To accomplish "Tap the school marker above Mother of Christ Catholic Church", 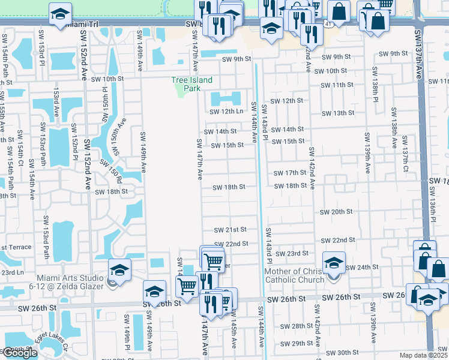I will coord(334,262).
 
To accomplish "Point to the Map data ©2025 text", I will coord(423,355).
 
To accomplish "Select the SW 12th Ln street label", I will coord(226,111).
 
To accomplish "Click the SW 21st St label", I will coord(231,230).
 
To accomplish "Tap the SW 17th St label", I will coord(291,173).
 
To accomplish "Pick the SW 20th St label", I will coord(336,212).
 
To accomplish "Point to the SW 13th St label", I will coord(338,113).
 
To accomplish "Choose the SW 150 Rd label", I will coord(110,171).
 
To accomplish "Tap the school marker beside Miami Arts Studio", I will coord(119,270).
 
